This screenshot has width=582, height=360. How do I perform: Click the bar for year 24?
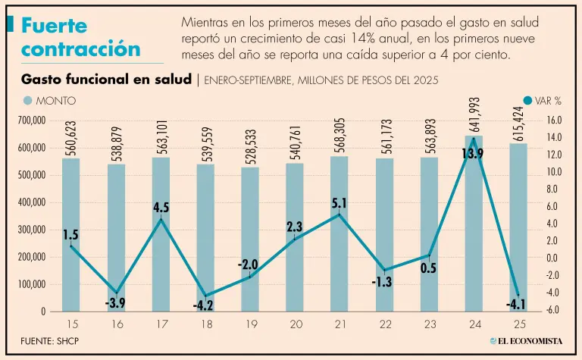tap(474, 227)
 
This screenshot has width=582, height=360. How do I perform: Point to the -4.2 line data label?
tap(204, 306)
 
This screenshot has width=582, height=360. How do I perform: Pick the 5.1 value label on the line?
tap(339, 203)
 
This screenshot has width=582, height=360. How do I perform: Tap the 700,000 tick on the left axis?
tap(31, 121)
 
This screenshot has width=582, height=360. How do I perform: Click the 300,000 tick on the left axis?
tap(31, 230)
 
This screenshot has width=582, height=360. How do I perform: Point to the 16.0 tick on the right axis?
tap(553, 121)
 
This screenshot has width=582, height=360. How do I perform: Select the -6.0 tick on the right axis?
tap(553, 311)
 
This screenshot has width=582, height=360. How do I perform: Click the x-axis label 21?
tap(339, 324)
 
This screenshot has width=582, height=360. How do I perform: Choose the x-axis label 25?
tap(518, 324)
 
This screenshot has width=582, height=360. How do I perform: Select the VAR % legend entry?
tap(542, 101)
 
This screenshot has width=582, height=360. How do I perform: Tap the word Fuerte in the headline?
tap(54, 27)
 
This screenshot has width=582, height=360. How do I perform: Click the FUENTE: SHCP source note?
tap(49, 340)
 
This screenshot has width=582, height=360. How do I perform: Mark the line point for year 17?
tap(160, 220)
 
